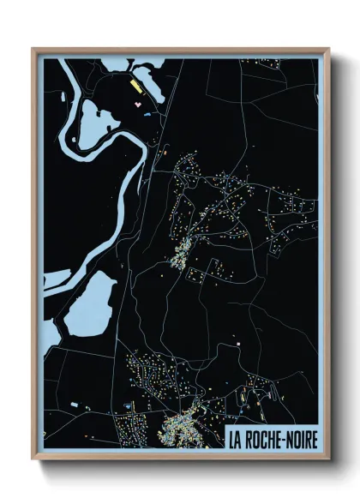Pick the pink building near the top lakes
pos(137,103)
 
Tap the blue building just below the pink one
pos(146,112)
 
